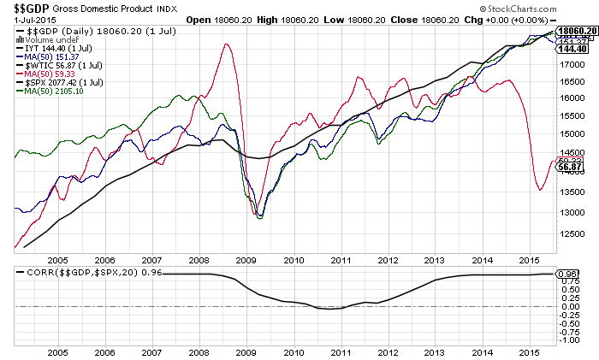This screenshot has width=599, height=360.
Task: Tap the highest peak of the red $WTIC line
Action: click(x=226, y=44)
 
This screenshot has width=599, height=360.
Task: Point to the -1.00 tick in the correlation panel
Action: click(x=567, y=339)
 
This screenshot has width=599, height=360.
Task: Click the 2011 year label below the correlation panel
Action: click(x=341, y=351)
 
